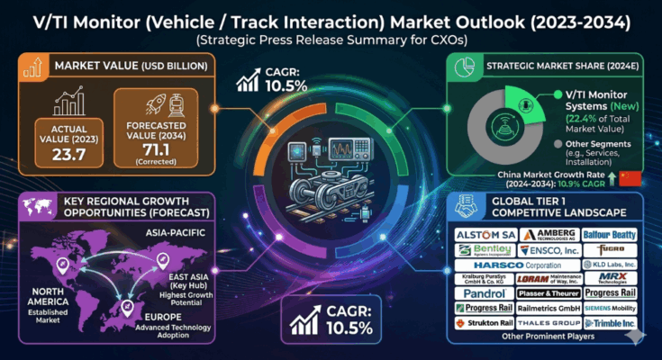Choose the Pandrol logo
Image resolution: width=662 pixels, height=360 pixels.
pyautogui.click(x=480, y=294)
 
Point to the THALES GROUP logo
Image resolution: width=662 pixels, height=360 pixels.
pyautogui.click(x=549, y=322)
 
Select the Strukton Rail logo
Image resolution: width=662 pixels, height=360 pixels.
pyautogui.click(x=486, y=322)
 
